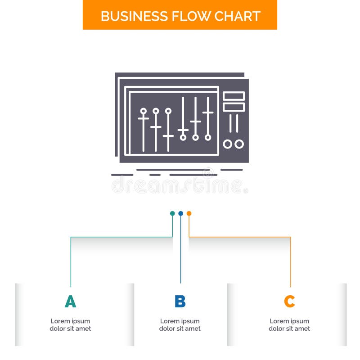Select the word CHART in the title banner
point(237,16)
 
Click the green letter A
point(70,301)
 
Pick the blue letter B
point(180,301)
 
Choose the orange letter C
point(289,301)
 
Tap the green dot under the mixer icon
point(172,213)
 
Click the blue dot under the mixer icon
point(180,213)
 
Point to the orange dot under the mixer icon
point(189,213)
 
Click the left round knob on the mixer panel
point(228,144)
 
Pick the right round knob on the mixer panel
point(239,144)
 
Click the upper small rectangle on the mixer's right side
point(234,96)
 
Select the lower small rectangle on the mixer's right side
point(234,107)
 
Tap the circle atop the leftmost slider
point(144,111)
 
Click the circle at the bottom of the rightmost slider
point(208,137)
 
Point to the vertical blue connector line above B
point(180,252)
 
